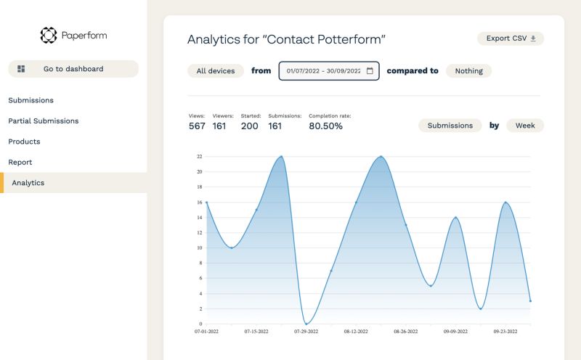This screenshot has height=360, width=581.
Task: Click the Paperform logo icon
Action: click(48, 35)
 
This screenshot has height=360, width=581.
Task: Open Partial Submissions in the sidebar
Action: click(44, 121)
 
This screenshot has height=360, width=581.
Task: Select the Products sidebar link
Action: click(24, 142)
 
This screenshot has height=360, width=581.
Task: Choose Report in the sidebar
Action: click(20, 162)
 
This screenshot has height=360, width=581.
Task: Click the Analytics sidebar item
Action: click(28, 183)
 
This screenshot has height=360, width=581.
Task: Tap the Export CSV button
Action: click(511, 38)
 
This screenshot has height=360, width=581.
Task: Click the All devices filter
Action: click(216, 71)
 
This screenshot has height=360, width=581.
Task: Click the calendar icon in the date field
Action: click(370, 71)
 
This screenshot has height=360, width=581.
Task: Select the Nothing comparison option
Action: click(468, 71)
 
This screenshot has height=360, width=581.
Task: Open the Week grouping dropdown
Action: click(525, 126)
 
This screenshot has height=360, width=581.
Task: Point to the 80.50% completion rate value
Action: click(326, 126)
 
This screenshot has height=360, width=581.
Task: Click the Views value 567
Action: click(197, 126)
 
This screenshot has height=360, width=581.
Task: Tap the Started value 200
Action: click(250, 126)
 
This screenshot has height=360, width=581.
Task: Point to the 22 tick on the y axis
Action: click(199, 156)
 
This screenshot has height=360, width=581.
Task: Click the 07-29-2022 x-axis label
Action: click(306, 331)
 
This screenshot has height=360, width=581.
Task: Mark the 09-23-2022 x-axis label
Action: click(505, 331)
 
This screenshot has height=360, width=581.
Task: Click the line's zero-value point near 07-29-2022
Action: click(306, 324)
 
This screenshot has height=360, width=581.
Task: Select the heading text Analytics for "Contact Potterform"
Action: click(287, 39)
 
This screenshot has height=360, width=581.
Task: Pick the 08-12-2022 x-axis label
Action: click(356, 331)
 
